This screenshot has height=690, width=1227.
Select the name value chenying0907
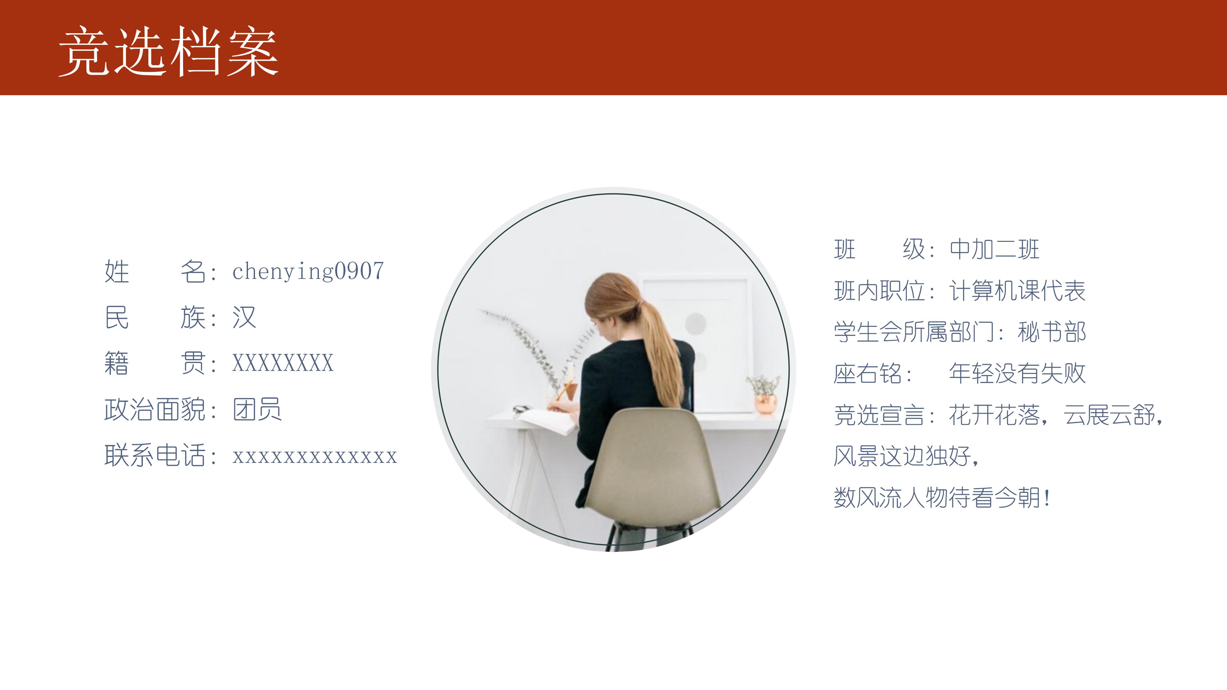coord(308,272)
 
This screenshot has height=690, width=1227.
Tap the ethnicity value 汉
coord(244,318)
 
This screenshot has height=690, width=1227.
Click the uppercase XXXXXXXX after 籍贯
coord(282,363)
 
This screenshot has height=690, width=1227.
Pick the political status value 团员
coord(257,410)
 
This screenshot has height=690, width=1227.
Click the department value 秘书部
coord(1052,332)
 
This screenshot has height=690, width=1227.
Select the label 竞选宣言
coord(878,415)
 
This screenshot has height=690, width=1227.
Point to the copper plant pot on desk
coord(766,403)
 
